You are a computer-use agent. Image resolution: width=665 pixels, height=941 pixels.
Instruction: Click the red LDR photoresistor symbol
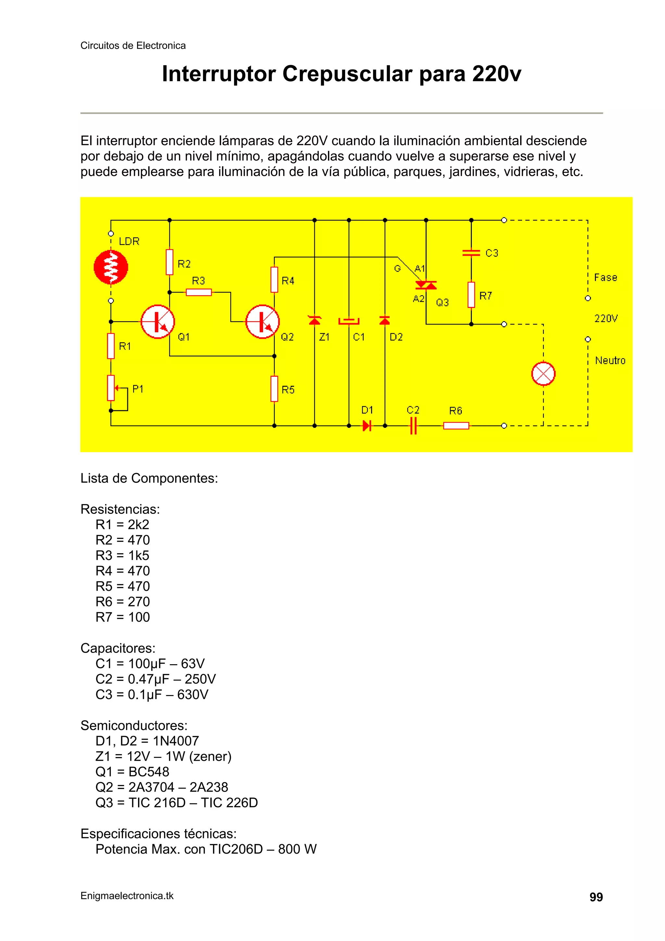[111, 267]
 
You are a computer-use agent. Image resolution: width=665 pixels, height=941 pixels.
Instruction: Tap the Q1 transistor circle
[158, 322]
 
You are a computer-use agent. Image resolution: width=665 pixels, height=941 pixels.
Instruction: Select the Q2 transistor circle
[263, 322]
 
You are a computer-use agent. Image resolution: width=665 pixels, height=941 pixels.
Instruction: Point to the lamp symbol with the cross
[543, 374]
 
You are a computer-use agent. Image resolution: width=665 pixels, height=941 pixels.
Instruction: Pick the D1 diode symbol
[367, 426]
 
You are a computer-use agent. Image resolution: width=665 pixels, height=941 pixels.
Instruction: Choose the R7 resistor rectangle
[471, 295]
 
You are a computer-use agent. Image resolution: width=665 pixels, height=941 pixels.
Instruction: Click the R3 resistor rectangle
[199, 292]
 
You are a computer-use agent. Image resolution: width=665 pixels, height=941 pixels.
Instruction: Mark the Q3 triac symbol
[426, 285]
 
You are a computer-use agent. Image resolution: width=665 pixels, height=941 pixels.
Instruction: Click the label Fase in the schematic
[606, 277]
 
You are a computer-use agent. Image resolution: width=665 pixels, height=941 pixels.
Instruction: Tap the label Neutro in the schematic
[610, 361]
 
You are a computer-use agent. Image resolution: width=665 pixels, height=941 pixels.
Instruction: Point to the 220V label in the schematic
[606, 318]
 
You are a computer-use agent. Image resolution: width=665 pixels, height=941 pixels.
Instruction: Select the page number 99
[596, 897]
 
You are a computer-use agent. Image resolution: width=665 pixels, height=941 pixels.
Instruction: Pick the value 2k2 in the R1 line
[139, 525]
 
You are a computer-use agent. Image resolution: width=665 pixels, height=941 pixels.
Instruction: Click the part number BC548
[149, 772]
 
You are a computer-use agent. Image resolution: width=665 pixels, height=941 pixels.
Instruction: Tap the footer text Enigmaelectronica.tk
[127, 896]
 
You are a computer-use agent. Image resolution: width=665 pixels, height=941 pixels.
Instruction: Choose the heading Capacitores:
[118, 648]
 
